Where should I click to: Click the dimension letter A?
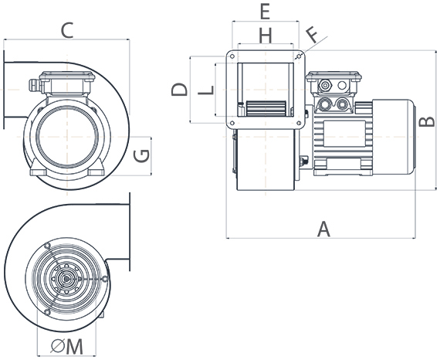tap(324, 228)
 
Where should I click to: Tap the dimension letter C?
tap(66, 31)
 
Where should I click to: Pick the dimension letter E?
tap(264, 12)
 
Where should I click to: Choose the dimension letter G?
tap(140, 156)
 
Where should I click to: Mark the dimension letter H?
tap(265, 35)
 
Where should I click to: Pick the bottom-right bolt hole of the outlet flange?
tap(299, 121)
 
